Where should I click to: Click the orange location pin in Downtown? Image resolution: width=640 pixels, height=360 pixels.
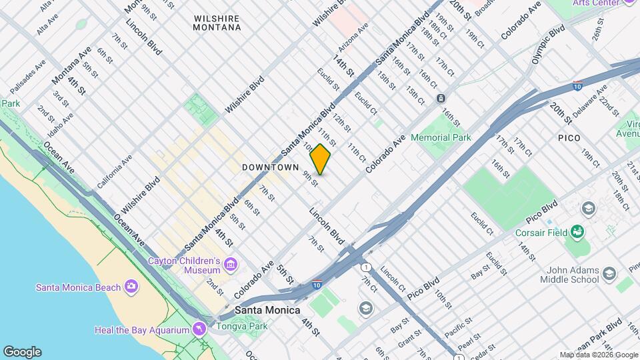coord(321,159)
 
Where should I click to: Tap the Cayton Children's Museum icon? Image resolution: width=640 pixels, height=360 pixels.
coord(231,265)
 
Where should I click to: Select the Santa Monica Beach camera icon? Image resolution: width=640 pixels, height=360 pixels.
coord(131,287)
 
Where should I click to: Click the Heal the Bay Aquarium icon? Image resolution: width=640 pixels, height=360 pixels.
coord(199,330)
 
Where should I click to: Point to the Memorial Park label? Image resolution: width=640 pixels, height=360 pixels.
coord(441,138)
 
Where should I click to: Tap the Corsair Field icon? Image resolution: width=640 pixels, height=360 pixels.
coord(577,233)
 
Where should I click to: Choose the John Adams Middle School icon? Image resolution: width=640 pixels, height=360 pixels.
coord(609,274)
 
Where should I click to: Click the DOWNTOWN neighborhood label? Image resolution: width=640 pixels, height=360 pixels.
coord(270,167)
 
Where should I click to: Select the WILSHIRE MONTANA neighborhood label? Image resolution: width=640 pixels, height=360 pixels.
coord(217,23)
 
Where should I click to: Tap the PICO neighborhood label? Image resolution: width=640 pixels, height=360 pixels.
coord(569,138)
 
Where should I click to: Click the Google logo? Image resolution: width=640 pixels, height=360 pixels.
coord(22,352)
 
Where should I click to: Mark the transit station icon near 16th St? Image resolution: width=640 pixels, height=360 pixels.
coord(441,99)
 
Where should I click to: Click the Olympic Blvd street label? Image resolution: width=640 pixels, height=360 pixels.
coord(549,45)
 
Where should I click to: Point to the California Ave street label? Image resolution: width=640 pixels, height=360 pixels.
coord(114,172)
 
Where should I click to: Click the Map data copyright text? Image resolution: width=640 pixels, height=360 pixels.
coord(598,355)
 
